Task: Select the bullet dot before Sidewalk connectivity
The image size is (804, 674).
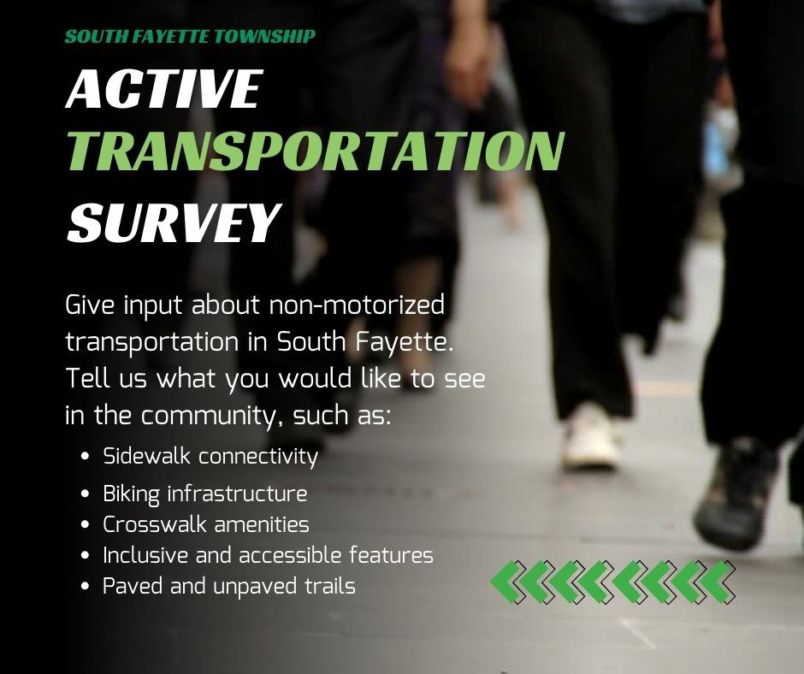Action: click(x=86, y=457)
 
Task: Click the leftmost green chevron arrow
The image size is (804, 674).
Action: click(x=507, y=582)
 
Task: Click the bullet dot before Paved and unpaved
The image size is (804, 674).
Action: click(x=86, y=588)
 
